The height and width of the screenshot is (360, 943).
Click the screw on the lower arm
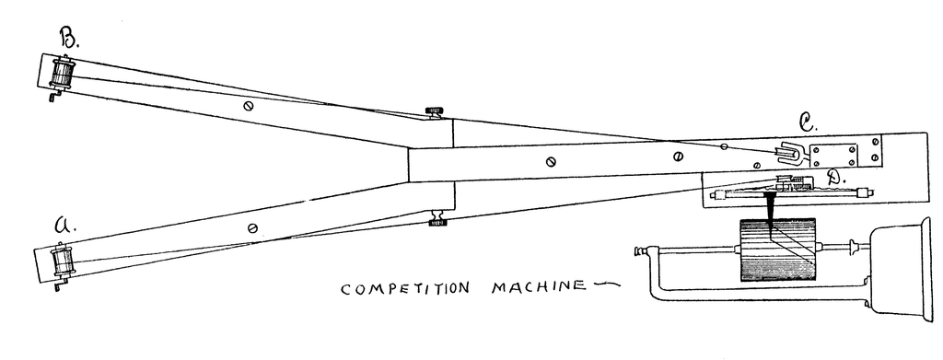coord(252,226)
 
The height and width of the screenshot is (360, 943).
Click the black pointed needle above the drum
coord(767,209)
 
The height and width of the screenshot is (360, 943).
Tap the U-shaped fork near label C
coord(791,151)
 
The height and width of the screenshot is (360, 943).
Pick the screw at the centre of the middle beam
coord(550,162)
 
